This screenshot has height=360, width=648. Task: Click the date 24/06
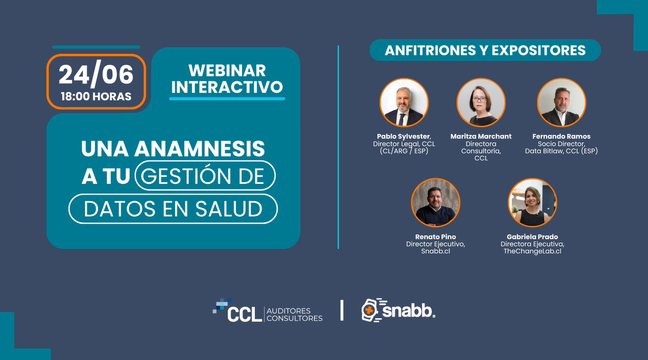96,74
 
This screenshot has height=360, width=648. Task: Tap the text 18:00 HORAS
96,96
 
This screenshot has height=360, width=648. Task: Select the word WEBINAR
227,71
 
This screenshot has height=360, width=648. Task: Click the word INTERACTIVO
227,87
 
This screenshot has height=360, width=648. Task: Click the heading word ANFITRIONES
430,50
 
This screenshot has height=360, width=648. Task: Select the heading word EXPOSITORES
538,50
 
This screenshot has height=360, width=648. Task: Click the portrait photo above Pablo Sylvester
404,102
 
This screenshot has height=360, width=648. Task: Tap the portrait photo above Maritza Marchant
481,102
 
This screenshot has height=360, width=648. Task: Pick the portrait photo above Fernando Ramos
561,102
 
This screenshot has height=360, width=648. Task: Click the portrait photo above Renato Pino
436,203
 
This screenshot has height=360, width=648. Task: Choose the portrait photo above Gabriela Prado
532,203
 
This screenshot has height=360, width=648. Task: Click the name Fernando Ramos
561,136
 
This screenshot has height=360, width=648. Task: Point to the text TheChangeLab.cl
532,251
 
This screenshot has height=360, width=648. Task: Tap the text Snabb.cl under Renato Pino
436,251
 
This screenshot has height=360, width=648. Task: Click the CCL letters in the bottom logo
245,315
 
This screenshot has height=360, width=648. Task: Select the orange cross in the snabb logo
369,311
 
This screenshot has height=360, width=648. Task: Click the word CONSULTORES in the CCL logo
294,318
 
